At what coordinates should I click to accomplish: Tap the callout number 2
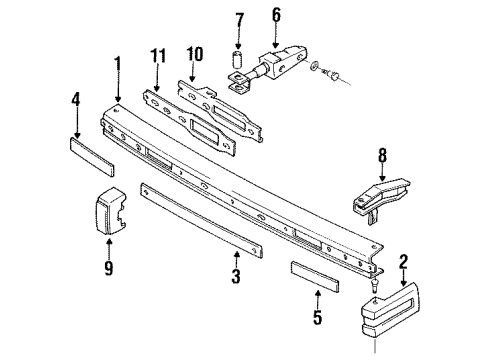pyautogui.click(x=403, y=262)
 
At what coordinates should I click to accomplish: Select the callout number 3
pyautogui.click(x=236, y=276)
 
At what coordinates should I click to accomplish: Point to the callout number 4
pyautogui.click(x=76, y=99)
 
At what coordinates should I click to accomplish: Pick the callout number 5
pyautogui.click(x=318, y=317)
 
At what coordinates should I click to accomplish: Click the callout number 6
pyautogui.click(x=276, y=15)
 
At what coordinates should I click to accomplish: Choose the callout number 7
pyautogui.click(x=239, y=21)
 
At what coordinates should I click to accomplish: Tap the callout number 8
pyautogui.click(x=382, y=155)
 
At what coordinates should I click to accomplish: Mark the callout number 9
pyautogui.click(x=109, y=267)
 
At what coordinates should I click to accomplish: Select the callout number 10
pyautogui.click(x=194, y=54)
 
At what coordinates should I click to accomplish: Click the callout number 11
pyautogui.click(x=158, y=56)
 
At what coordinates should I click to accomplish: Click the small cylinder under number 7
pyautogui.click(x=237, y=61)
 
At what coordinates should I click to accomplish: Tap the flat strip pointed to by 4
pyautogui.click(x=92, y=156)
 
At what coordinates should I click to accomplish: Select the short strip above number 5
pyautogui.click(x=315, y=277)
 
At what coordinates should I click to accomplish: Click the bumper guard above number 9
pyautogui.click(x=110, y=209)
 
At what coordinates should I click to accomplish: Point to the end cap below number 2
pyautogui.click(x=390, y=309)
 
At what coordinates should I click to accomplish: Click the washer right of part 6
pyautogui.click(x=314, y=65)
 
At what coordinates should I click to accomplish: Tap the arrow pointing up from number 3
pyautogui.click(x=236, y=259)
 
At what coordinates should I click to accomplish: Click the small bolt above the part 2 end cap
pyautogui.click(x=374, y=286)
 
